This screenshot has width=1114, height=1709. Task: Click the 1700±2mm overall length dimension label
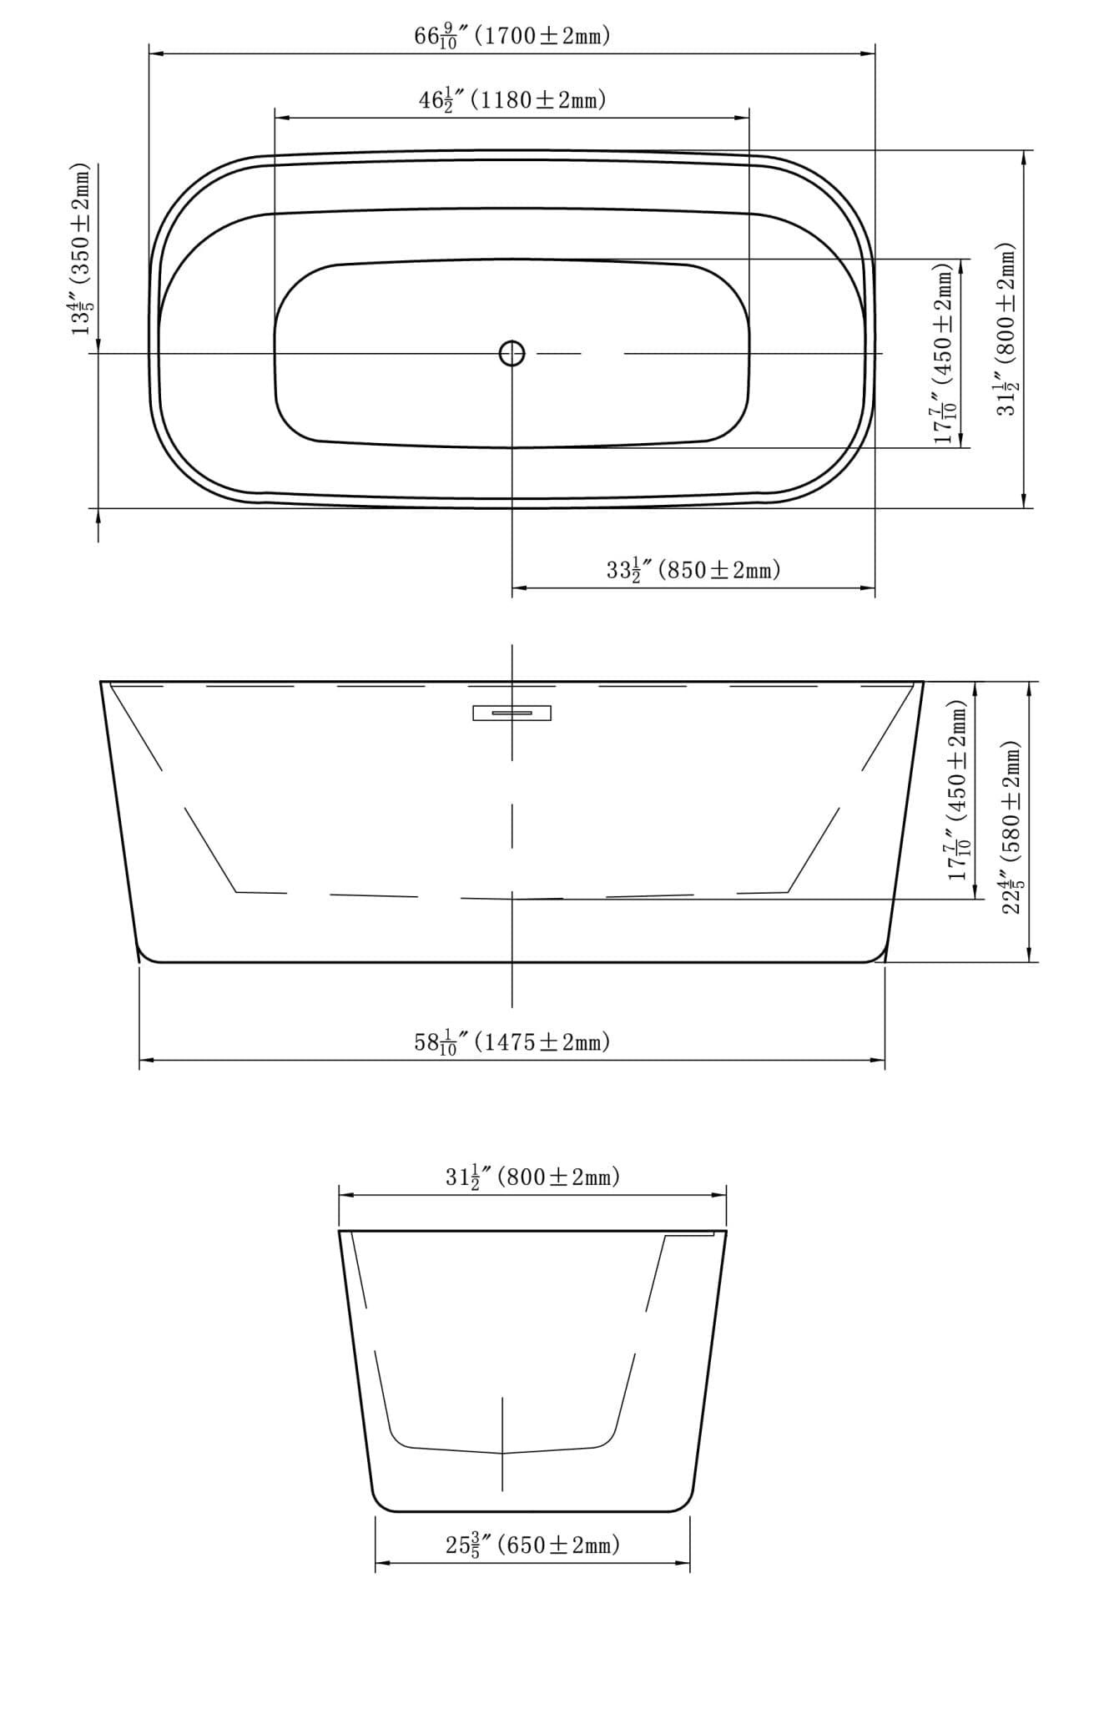tap(542, 36)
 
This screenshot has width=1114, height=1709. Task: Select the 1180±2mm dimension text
tap(538, 100)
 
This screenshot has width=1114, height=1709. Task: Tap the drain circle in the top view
tap(512, 354)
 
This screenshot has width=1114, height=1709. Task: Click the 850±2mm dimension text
tap(719, 571)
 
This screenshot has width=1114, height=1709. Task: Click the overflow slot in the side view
tap(512, 713)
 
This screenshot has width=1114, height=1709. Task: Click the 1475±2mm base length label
tap(542, 1042)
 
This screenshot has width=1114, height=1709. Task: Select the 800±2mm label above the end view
tap(558, 1177)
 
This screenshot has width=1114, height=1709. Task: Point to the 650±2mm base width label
tap(558, 1545)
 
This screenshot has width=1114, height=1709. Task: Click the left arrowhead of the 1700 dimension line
tap(155, 54)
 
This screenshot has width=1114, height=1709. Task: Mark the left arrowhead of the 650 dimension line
tap(381, 1564)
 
